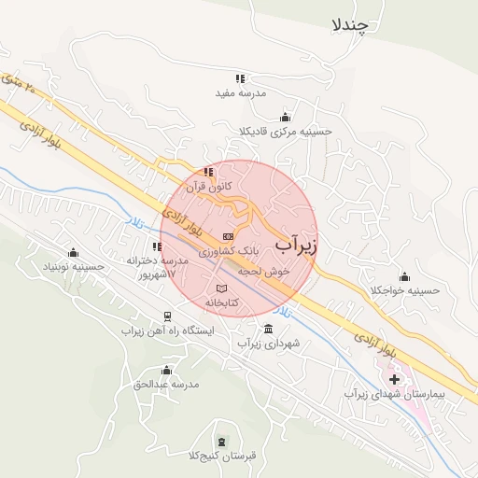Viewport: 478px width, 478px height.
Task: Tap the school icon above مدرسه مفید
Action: point(240,79)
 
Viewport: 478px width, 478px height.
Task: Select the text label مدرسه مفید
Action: point(242,93)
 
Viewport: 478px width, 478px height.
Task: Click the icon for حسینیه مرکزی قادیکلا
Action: point(284,118)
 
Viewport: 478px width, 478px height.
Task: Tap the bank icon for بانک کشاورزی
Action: point(229,236)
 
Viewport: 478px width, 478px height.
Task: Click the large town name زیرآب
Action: point(297,245)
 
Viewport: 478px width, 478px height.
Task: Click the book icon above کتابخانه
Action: point(222,288)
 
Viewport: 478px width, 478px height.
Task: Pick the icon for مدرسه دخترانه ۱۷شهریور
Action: point(156,246)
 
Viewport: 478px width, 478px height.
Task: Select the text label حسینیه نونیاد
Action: point(60,266)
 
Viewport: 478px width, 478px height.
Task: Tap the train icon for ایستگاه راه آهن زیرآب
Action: point(167,316)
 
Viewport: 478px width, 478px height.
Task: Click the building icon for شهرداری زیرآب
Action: point(269,329)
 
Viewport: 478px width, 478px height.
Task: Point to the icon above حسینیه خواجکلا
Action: point(404,276)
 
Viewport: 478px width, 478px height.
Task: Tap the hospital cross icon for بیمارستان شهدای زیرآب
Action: point(394,379)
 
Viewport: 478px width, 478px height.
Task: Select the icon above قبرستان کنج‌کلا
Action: point(221,441)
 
